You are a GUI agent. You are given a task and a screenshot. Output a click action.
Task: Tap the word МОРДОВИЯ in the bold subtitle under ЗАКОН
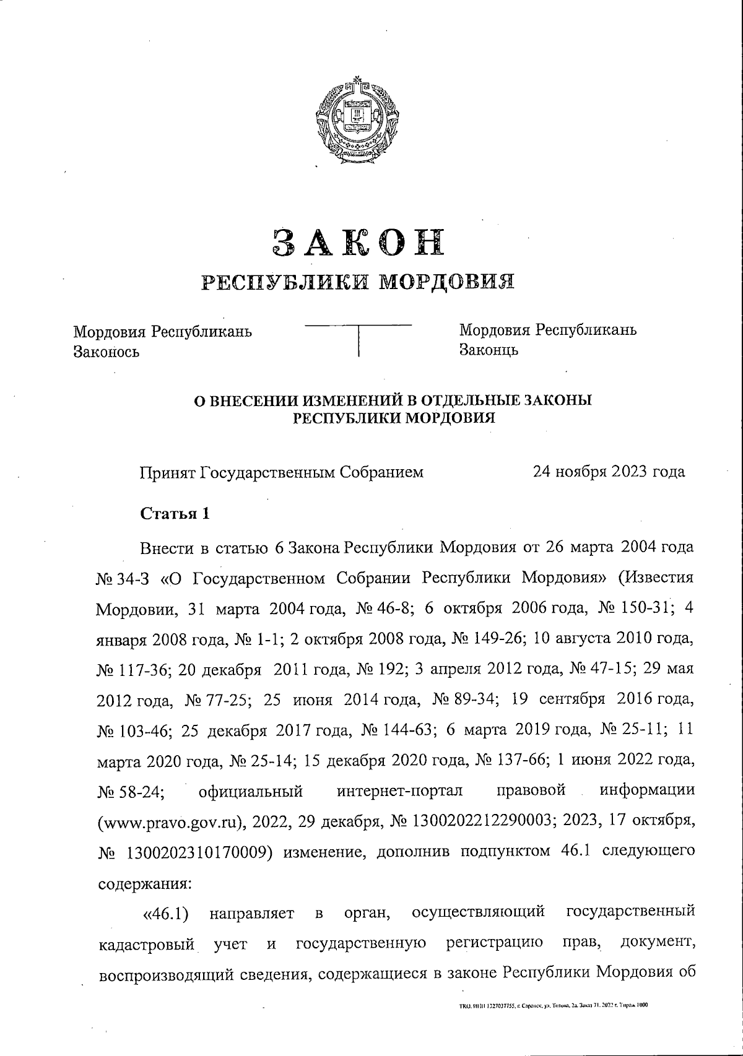pyautogui.click(x=446, y=282)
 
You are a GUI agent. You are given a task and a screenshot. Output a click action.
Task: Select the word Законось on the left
pyautogui.click(x=106, y=352)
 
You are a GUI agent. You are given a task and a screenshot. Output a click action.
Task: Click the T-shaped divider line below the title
pyautogui.click(x=359, y=337)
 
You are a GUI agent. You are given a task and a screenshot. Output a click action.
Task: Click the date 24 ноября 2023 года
pyautogui.click(x=609, y=472)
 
